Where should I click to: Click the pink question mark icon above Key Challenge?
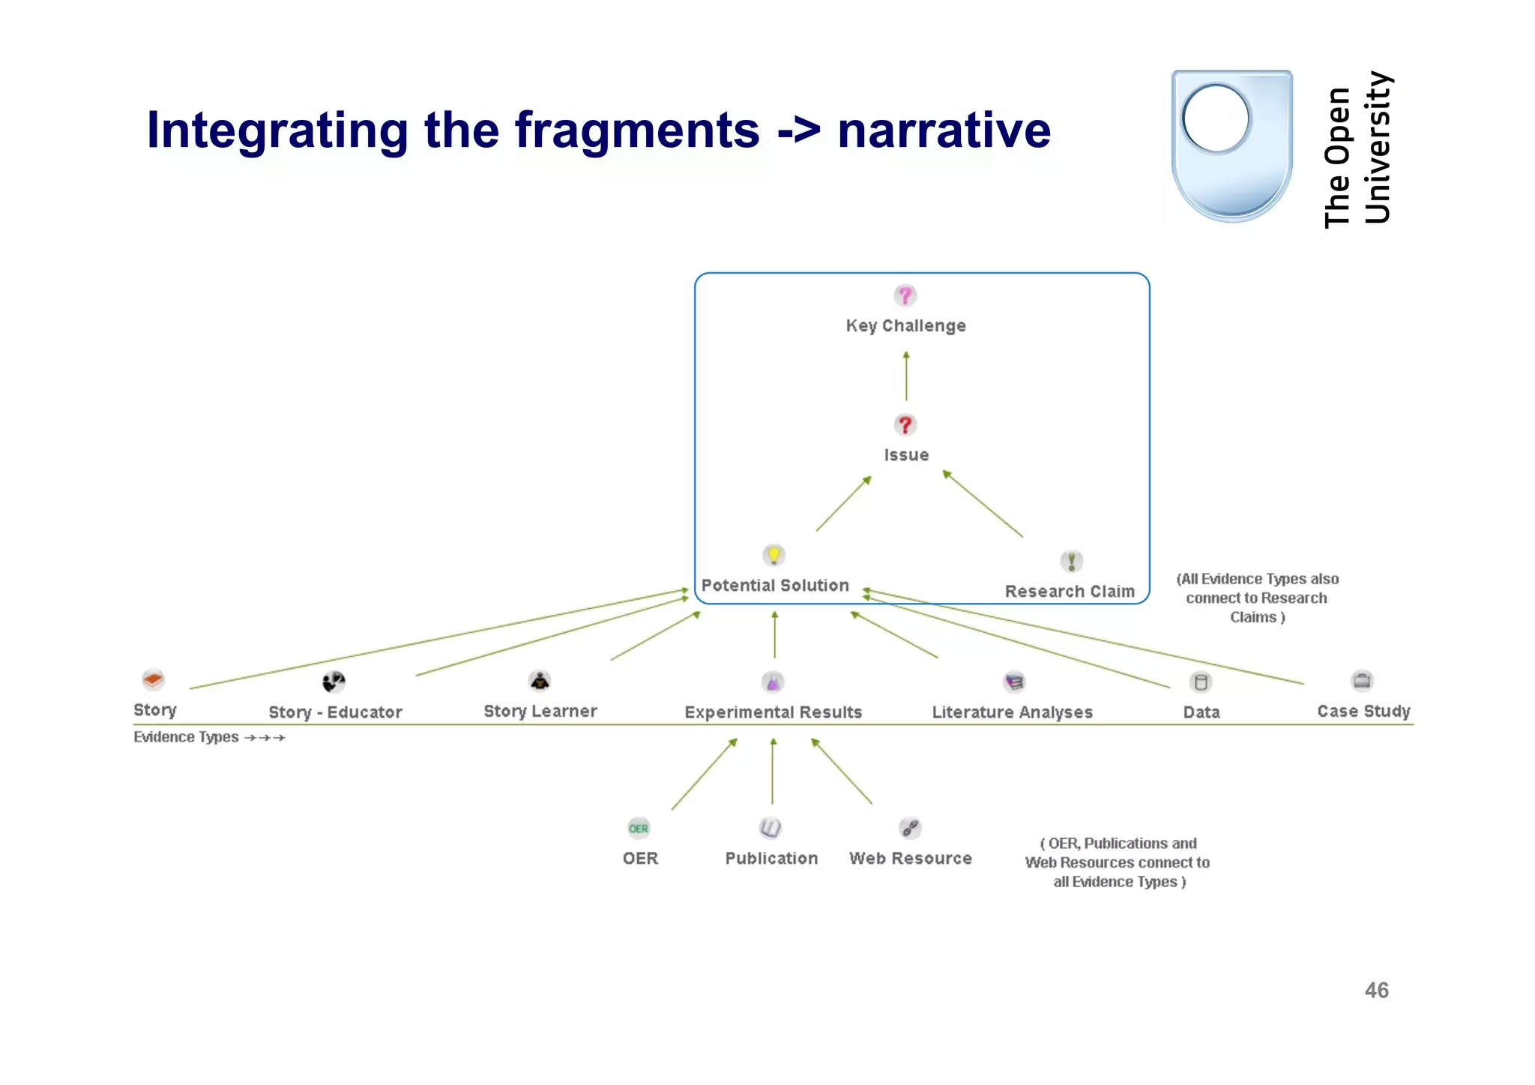(x=905, y=295)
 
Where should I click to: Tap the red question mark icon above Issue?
(x=905, y=425)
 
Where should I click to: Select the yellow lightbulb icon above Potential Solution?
(x=773, y=555)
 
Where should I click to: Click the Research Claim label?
(x=1070, y=592)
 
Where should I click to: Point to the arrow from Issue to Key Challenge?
(x=906, y=376)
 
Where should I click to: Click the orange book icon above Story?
(x=153, y=680)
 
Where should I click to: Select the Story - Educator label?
(x=335, y=712)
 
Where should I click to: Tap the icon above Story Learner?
(x=540, y=681)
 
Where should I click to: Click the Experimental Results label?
(x=773, y=712)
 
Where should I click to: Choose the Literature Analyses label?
(x=1012, y=712)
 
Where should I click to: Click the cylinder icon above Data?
(x=1201, y=682)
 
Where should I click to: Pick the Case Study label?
(x=1363, y=711)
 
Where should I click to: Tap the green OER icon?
(x=639, y=829)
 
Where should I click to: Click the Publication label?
(x=771, y=859)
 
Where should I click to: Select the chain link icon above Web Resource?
(x=910, y=828)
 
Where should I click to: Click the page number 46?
(x=1376, y=991)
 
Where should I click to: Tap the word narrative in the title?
(x=944, y=130)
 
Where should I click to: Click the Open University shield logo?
(x=1231, y=145)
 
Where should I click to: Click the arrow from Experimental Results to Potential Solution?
(x=775, y=635)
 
